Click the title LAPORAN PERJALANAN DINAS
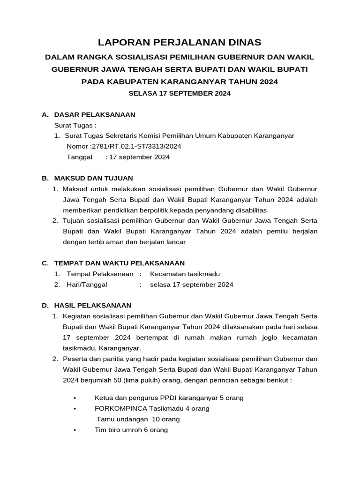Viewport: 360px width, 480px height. (180, 42)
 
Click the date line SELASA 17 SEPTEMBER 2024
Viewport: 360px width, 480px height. (180, 93)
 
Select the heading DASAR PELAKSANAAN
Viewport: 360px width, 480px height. (95, 114)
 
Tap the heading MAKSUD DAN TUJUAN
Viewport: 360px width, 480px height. (94, 178)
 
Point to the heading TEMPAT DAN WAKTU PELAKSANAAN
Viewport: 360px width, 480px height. (120, 263)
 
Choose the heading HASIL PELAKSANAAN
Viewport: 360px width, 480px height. (93, 305)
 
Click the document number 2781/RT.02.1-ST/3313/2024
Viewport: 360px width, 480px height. (135, 146)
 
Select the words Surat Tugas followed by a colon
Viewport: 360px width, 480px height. (75, 125)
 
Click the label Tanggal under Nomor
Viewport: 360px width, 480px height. (80, 157)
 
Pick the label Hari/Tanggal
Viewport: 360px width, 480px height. (87, 285)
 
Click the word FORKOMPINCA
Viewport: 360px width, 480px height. (119, 408)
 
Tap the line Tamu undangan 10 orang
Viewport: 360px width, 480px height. (138, 419)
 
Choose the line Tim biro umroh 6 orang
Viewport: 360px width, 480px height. (131, 430)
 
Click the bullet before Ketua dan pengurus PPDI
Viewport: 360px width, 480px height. (75, 398)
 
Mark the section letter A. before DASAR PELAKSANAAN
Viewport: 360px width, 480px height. (45, 114)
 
